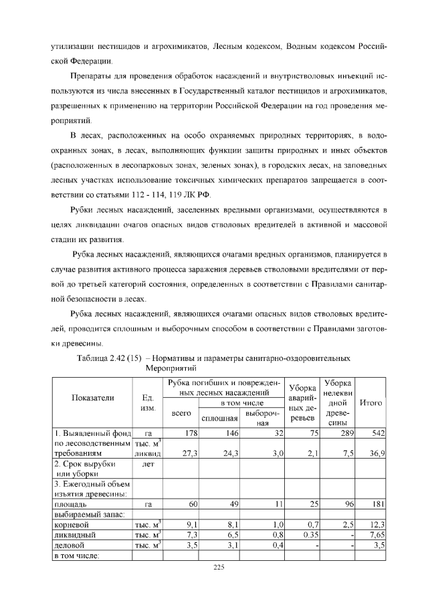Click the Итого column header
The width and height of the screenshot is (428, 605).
coord(370,403)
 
